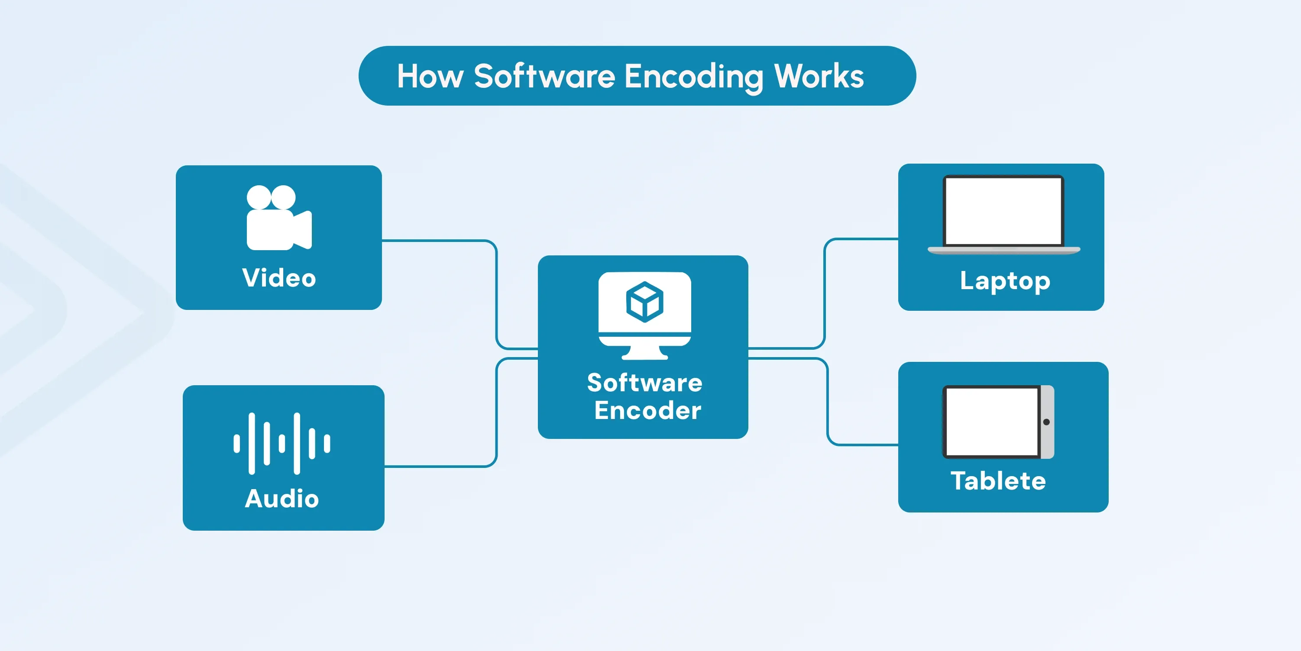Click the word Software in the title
pos(544,76)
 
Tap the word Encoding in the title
pos(693,77)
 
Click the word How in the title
pos(430,76)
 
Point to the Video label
pos(279,278)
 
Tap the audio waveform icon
pos(282,444)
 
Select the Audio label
pos(282,499)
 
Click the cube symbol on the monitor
pos(644,302)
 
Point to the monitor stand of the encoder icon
pos(644,352)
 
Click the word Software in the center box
pos(644,383)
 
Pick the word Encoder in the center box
pos(647,410)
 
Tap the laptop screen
pos(1003,211)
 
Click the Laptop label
pos(1005,280)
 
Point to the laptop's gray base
pos(1003,250)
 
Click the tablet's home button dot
pos(1046,422)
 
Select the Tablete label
pos(998,481)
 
